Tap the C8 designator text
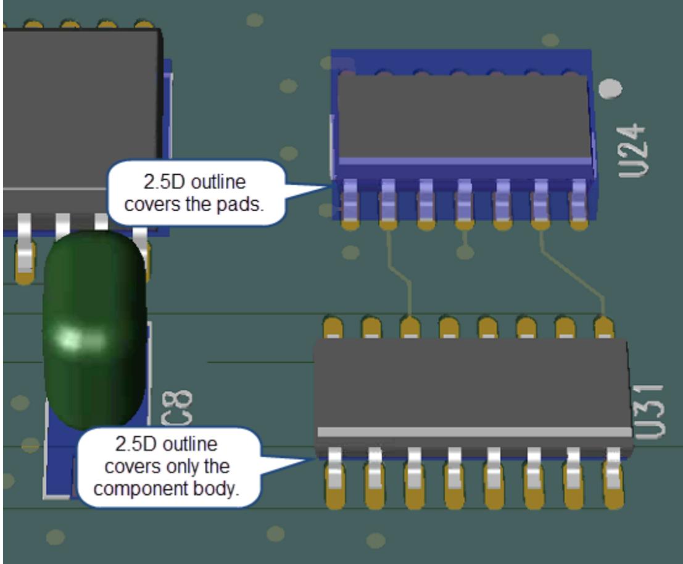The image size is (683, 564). coord(176,407)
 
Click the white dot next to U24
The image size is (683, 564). coord(611,89)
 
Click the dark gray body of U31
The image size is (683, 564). coord(472,383)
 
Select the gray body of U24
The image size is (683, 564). coord(463,114)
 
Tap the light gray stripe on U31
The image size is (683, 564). coord(472,432)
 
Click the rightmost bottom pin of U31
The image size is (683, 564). coord(613,479)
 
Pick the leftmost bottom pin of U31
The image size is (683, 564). coord(335,479)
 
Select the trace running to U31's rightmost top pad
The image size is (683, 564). coord(574,272)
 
